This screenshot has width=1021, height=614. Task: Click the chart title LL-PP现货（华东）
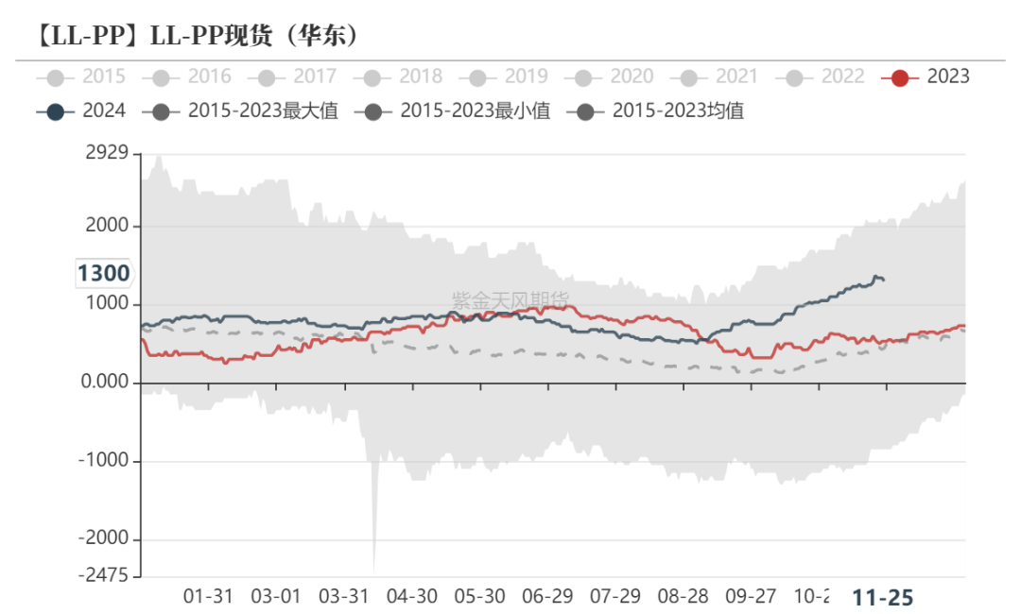pyautogui.click(x=190, y=36)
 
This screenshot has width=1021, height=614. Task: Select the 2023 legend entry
pyautogui.click(x=926, y=77)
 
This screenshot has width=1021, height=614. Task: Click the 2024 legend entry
pyautogui.click(x=82, y=111)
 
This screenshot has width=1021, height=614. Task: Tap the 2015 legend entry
pyautogui.click(x=82, y=77)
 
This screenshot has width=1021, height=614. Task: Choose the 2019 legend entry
pyautogui.click(x=505, y=77)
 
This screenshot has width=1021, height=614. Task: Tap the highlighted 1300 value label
pyautogui.click(x=103, y=274)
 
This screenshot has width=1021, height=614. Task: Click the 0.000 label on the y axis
pyautogui.click(x=106, y=383)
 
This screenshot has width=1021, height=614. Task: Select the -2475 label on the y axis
pyautogui.click(x=106, y=574)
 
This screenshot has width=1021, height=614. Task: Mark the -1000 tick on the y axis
pyautogui.click(x=106, y=461)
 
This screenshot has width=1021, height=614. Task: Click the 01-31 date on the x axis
pyautogui.click(x=208, y=597)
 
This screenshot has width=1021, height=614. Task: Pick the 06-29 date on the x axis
pyautogui.click(x=547, y=597)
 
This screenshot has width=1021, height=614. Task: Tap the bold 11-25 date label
pyautogui.click(x=883, y=597)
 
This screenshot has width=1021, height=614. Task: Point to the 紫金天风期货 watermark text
pyautogui.click(x=510, y=300)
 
